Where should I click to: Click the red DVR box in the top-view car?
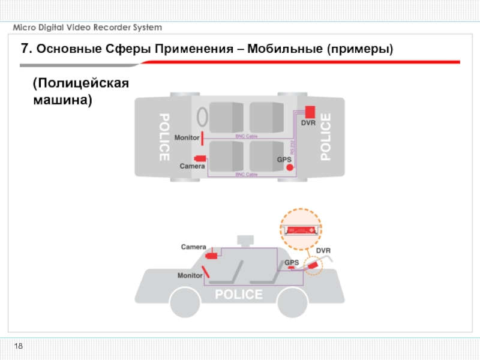click(x=310, y=112)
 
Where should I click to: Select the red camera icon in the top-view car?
click(x=200, y=158)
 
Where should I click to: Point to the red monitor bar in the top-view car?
click(x=203, y=138)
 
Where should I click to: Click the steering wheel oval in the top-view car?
click(x=203, y=116)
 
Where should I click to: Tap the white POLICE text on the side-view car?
click(x=239, y=295)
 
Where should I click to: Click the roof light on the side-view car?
click(x=245, y=240)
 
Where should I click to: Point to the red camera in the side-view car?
click(x=211, y=255)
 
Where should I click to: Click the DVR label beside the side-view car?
click(x=323, y=250)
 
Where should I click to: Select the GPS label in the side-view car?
click(x=292, y=262)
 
